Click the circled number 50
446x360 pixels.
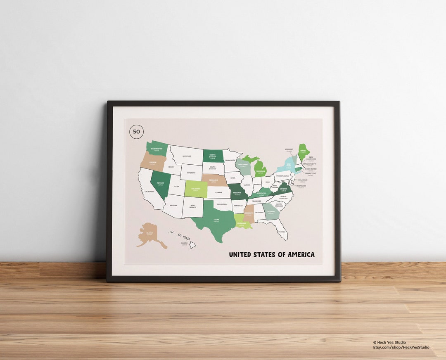point(136,132)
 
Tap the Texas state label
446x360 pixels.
point(216,220)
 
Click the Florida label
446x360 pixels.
point(282,232)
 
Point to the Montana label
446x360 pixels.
point(187,156)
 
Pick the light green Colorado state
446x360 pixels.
point(196,189)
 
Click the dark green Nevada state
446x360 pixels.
point(160,184)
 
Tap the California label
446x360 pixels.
point(149,192)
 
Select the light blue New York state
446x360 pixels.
point(288,165)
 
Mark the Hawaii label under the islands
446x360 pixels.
point(184,244)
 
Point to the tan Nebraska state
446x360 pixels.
point(214,181)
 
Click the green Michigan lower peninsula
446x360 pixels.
point(260,170)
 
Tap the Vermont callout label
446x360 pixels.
point(289,149)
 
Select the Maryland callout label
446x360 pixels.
point(301,186)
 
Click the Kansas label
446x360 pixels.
point(218,192)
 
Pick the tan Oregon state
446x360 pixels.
point(152,161)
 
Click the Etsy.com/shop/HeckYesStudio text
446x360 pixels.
point(401,347)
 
